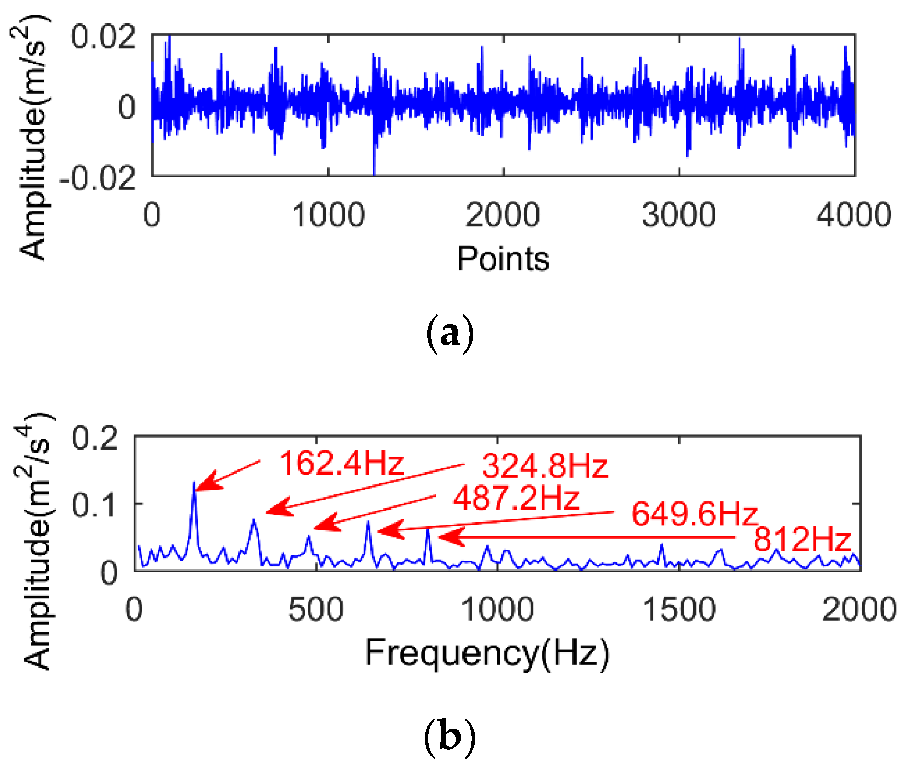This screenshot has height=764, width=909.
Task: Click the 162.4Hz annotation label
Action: coord(342,463)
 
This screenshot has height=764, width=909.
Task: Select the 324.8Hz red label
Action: coord(545,466)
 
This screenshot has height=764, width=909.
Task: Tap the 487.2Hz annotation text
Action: coord(516,498)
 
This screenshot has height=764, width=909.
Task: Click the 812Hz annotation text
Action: coord(802,539)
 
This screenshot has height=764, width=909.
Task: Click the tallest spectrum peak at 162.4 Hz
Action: coord(194,483)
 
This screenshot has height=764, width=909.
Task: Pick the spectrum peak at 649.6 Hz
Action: coord(368,523)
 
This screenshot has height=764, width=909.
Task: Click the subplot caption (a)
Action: coord(450,334)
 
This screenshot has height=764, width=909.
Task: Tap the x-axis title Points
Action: coord(503,259)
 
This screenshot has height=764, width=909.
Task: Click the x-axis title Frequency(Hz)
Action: coord(487,652)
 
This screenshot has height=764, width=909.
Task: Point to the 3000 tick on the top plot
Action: coord(678,215)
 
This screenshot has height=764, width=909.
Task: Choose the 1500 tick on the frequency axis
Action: coord(679,609)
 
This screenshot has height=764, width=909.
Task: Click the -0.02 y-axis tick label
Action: coord(98,179)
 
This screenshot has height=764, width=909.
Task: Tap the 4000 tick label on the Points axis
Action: coord(854,215)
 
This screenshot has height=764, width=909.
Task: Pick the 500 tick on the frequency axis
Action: coord(316,609)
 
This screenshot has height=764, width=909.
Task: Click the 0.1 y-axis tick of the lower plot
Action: coord(95,505)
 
